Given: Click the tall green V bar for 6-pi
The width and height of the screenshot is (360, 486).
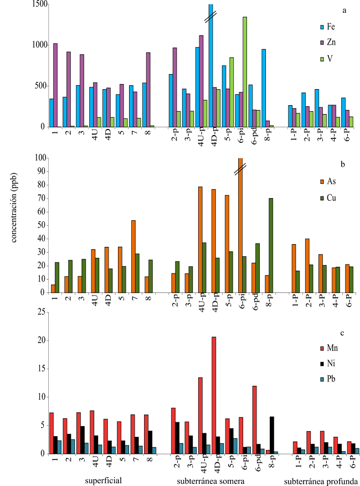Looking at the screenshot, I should pyautogui.click(x=245, y=72).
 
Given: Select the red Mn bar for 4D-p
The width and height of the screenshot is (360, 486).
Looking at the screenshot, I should pyautogui.click(x=214, y=395).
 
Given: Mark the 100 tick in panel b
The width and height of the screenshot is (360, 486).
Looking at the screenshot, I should pyautogui.click(x=38, y=158).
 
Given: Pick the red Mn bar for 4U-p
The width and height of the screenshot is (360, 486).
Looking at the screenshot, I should pyautogui.click(x=200, y=415).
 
